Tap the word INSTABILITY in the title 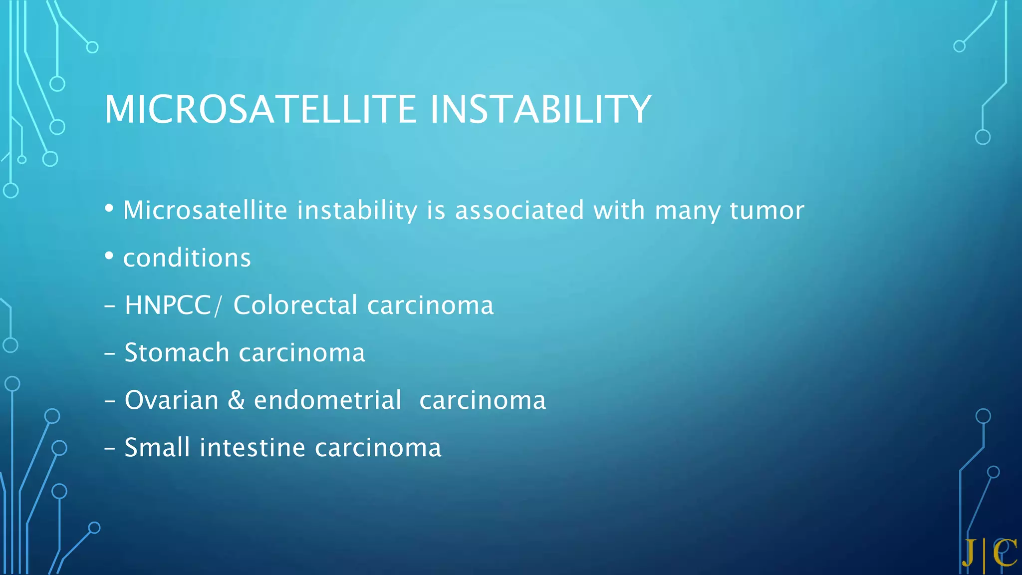(540, 109)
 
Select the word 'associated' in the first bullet (519, 210)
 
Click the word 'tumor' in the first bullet (766, 210)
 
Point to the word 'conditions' (187, 258)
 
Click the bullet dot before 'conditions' (109, 256)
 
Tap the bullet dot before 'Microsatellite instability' (109, 208)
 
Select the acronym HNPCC (168, 305)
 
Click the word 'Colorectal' (295, 305)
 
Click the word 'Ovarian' (171, 400)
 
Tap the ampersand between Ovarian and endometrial (236, 400)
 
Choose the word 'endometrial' (327, 400)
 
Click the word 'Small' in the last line (157, 447)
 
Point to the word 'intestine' (252, 447)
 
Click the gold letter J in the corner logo (969, 553)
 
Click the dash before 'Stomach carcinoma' (110, 354)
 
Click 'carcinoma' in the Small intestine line (378, 448)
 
